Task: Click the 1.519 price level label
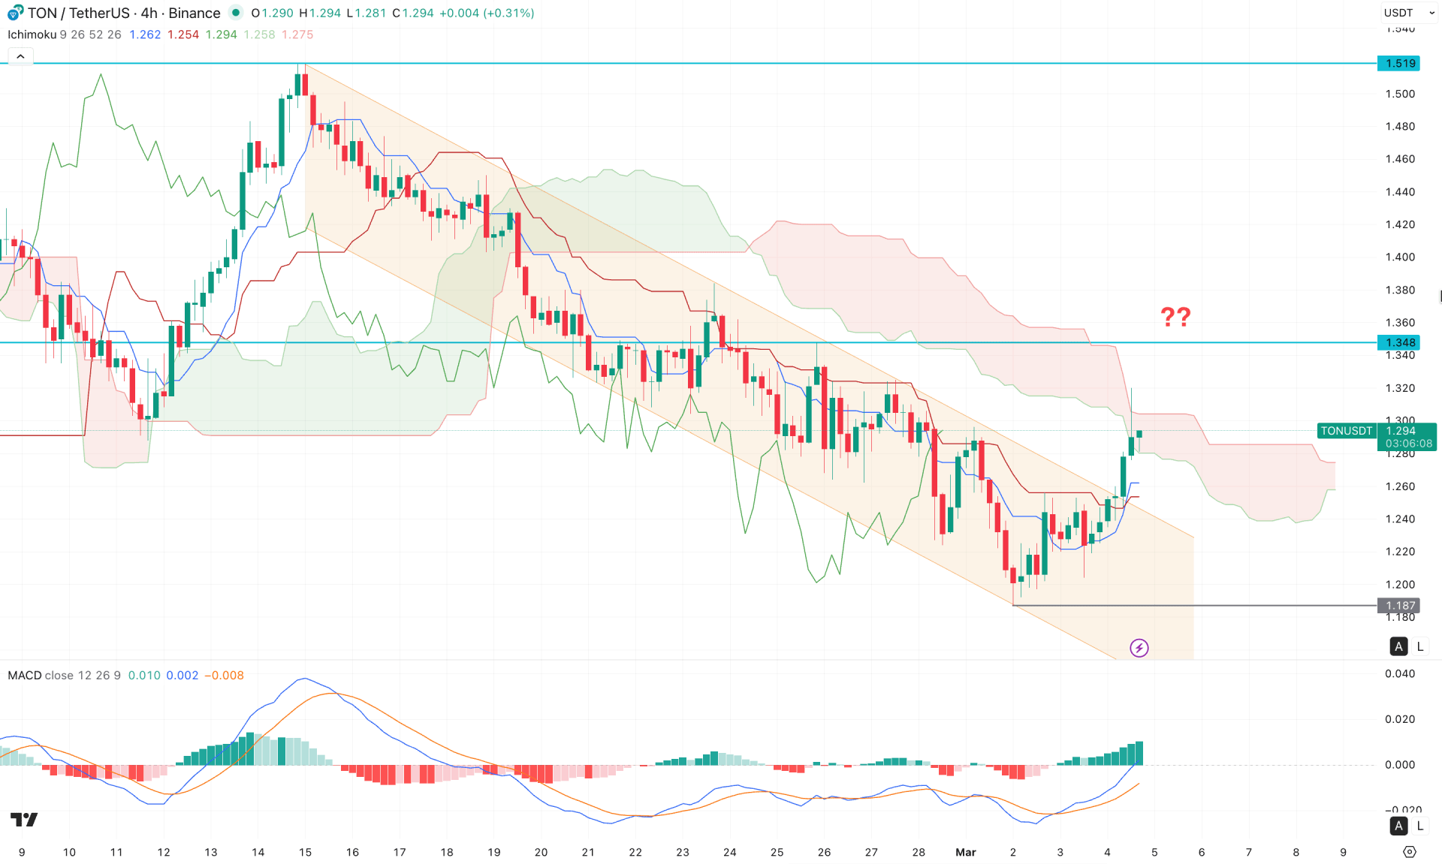pos(1399,63)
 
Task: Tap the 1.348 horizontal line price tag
pos(1399,342)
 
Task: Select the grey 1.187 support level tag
pos(1399,605)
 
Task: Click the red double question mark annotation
pos(1175,317)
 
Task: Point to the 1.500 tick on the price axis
pos(1400,94)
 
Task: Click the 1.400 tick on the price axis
pos(1400,257)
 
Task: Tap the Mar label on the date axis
pos(965,852)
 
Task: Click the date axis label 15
pos(305,852)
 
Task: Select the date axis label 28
pos(919,852)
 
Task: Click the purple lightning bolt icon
pos(1139,648)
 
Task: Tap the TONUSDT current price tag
pos(1346,431)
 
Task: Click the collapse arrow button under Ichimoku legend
pos(20,56)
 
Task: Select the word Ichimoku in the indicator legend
pos(32,35)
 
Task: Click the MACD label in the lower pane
pos(25,675)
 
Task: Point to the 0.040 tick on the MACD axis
pos(1400,673)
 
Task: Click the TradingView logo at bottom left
pos(24,819)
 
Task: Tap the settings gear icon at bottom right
pos(1410,852)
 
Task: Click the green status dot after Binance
pos(236,13)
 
